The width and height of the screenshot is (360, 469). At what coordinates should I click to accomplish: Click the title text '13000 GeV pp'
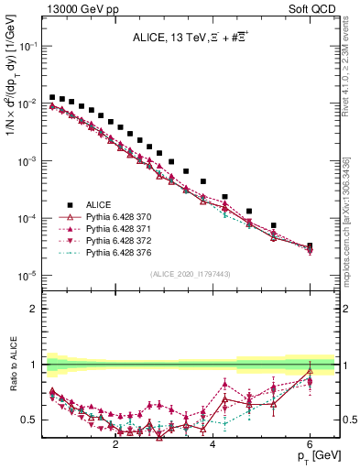tap(70, 7)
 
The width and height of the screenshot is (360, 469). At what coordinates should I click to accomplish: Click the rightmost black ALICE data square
tap(310, 246)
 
